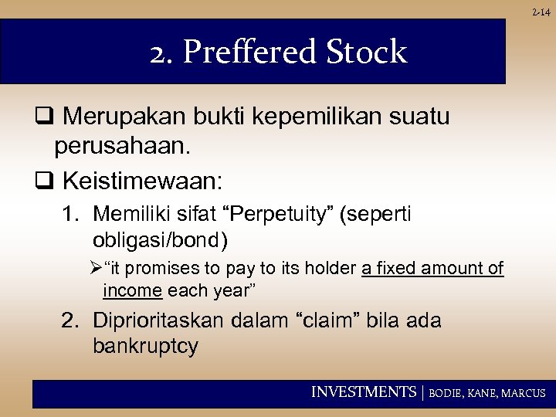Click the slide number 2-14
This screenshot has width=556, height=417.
pyautogui.click(x=542, y=12)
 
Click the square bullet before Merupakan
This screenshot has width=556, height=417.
pyautogui.click(x=42, y=117)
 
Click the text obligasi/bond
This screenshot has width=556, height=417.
pyautogui.click(x=160, y=241)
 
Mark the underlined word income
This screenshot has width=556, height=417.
pyautogui.click(x=132, y=290)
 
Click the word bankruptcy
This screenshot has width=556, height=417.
pyautogui.click(x=145, y=346)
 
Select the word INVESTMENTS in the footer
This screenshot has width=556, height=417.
pyautogui.click(x=363, y=392)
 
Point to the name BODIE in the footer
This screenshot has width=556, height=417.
pyautogui.click(x=446, y=393)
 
